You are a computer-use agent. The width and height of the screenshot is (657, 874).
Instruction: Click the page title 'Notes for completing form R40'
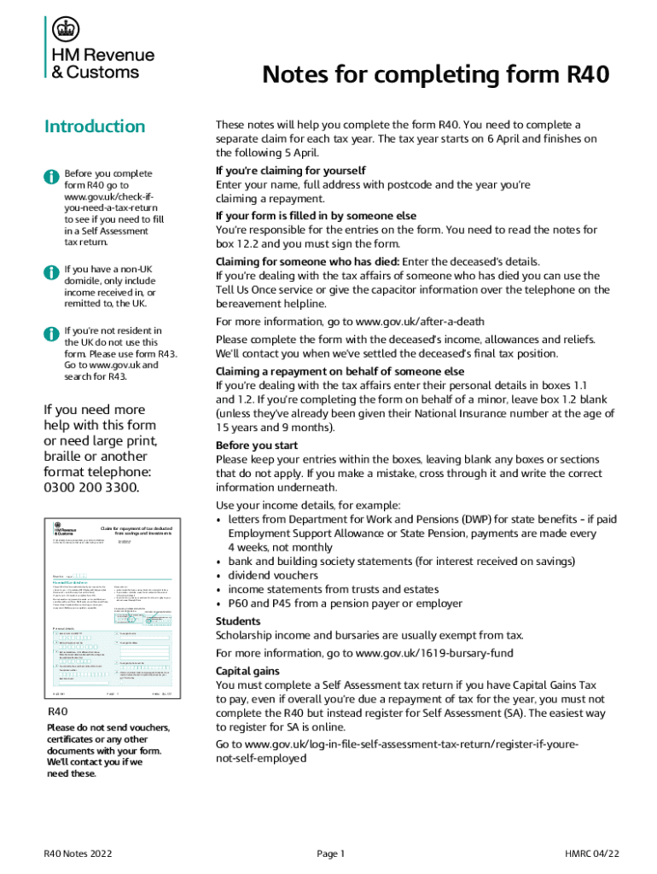[x=435, y=76]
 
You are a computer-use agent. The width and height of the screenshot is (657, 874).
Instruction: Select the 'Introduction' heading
[x=95, y=126]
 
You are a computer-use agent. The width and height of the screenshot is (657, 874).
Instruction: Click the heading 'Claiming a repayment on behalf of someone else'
[x=340, y=371]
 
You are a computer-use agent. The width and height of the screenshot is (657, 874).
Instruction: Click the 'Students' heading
[x=238, y=621]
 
